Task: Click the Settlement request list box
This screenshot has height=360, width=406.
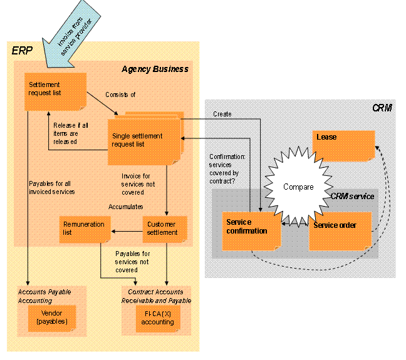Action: (x=55, y=91)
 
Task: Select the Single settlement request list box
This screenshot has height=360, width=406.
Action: (x=145, y=140)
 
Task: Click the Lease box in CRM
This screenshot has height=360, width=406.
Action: (x=343, y=145)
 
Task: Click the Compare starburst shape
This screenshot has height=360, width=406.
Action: (x=298, y=187)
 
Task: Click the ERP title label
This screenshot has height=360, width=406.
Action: (x=22, y=51)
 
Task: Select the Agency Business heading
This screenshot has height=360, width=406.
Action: (x=155, y=69)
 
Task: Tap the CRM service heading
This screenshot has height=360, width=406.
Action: (x=352, y=197)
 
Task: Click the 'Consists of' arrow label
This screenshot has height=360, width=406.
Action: (x=120, y=95)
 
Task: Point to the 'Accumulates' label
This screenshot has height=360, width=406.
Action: (x=127, y=206)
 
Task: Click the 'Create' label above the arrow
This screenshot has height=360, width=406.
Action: (x=222, y=115)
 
